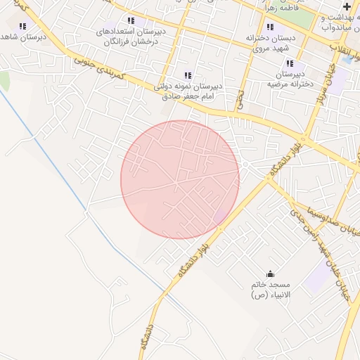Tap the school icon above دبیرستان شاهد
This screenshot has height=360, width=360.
coord(22,26)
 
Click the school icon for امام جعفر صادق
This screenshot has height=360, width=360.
coord(188,75)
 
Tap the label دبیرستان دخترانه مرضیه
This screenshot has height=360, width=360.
coord(288,78)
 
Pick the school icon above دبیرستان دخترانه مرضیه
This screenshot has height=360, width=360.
coord(290,63)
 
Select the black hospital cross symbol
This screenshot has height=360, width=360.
coord(347,6)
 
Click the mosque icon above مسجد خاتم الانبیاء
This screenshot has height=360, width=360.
coord(271,274)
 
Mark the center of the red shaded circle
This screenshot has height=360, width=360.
coord(180,179)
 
